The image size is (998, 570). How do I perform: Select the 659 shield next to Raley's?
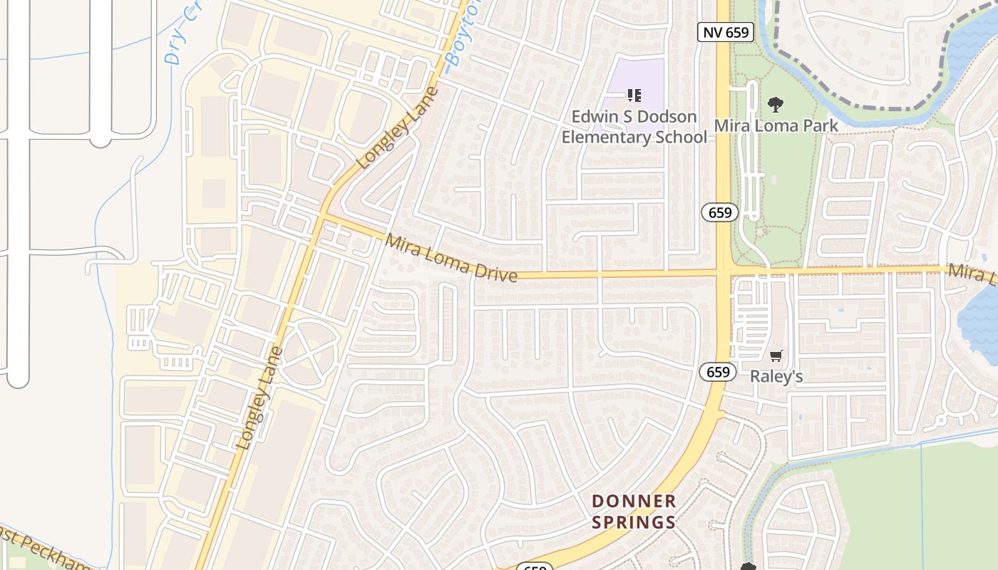717,371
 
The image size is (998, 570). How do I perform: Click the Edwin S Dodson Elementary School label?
634,126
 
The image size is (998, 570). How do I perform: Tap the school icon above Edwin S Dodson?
634,95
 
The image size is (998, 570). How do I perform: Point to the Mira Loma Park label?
776,125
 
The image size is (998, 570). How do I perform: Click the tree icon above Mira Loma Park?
776,105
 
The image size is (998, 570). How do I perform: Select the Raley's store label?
776,376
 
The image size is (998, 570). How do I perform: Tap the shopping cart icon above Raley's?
776,356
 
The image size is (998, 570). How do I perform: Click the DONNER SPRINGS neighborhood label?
634,512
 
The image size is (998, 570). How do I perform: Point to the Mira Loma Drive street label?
451,257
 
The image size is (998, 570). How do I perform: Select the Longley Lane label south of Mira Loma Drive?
259,398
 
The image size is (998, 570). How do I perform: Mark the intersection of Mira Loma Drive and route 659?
724,271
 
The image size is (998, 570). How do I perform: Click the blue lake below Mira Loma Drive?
980,313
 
